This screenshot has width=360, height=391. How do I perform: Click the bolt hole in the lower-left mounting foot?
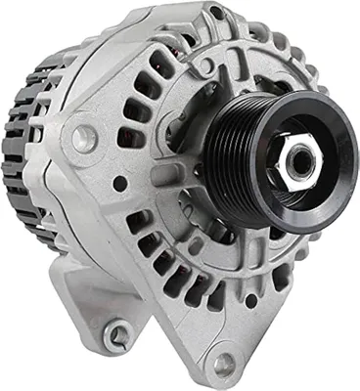118,335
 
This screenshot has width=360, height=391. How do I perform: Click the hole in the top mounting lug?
215,14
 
